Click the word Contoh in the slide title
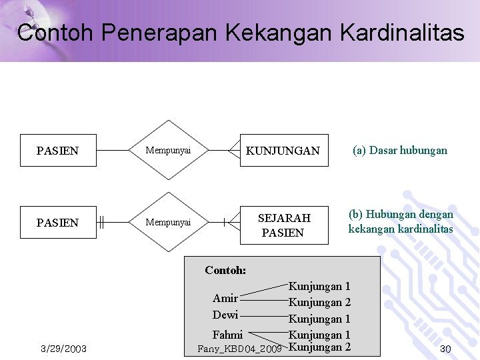[55, 33]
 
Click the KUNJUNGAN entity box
[283, 151]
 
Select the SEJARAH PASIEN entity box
[283, 225]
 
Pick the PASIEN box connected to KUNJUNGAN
[58, 151]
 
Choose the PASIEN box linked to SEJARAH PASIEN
[58, 223]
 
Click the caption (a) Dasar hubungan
[400, 151]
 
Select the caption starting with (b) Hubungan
[400, 222]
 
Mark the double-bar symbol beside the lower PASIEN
[101, 222]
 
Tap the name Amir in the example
[225, 298]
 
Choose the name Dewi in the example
[225, 315]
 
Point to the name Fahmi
[227, 335]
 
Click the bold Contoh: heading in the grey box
[225, 271]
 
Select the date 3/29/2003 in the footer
[63, 349]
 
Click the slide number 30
[445, 349]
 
